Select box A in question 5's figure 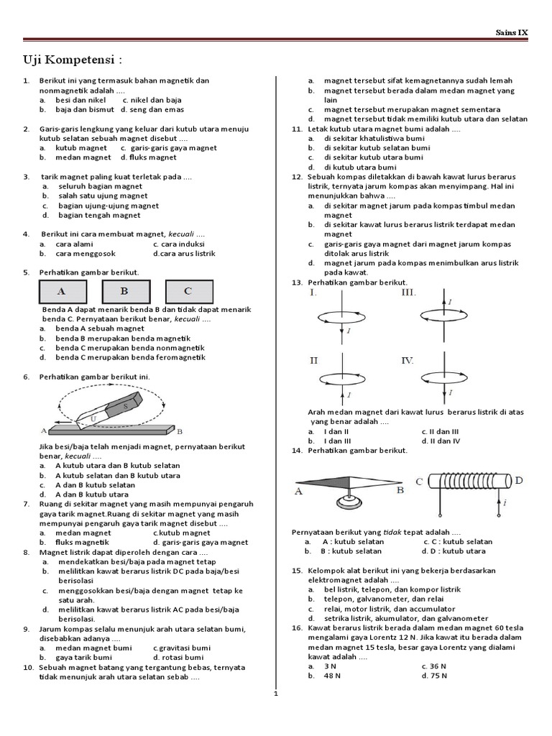tap(61, 291)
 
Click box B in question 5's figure tap(124, 291)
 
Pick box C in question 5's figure tap(188, 291)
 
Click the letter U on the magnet tap(93, 416)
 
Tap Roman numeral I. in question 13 tap(313, 293)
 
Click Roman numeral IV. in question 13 tap(408, 360)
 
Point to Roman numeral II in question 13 tap(313, 360)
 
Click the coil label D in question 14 tap(519, 480)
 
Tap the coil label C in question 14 tap(419, 482)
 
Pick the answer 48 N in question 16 tap(332, 676)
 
